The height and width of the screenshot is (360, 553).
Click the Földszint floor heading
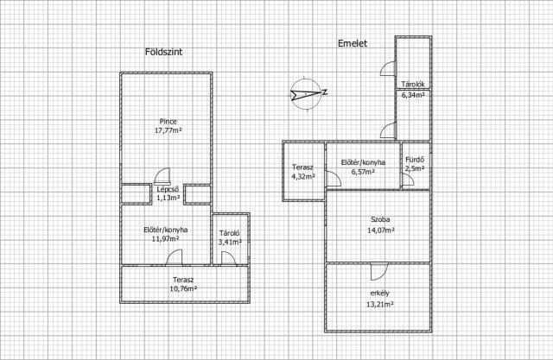[x=163, y=52]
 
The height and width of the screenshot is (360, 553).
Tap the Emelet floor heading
[x=353, y=43]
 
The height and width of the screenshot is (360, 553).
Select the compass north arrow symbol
[x=306, y=94]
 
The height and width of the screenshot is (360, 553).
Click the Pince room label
[x=168, y=122]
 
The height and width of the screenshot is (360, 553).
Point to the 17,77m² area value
[x=168, y=130]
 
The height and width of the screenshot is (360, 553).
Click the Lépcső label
[x=168, y=190]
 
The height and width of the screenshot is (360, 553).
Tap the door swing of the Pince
[x=162, y=176]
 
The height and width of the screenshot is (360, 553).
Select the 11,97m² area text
[x=165, y=239]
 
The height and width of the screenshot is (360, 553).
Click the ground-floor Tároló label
[x=230, y=233]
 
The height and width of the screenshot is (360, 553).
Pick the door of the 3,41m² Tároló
[x=228, y=258]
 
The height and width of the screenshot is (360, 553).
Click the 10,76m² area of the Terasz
[x=183, y=289]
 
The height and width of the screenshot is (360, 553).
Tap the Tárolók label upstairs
[x=413, y=85]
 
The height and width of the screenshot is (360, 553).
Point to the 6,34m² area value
[x=413, y=95]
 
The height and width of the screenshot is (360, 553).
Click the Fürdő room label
[x=415, y=160]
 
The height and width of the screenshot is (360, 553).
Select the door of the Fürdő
[x=409, y=180]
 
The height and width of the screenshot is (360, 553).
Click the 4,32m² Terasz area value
[x=303, y=176]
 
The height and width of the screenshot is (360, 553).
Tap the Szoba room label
[x=380, y=219]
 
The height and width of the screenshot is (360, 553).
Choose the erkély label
[x=380, y=293]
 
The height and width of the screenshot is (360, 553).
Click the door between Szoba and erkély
[x=379, y=272]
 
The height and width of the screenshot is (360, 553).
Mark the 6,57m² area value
[x=363, y=172]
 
